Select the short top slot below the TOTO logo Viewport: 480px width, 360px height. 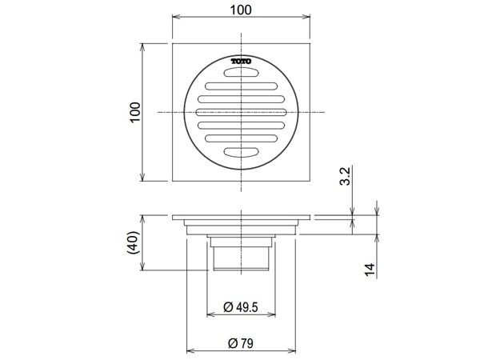pyautogui.click(x=242, y=73)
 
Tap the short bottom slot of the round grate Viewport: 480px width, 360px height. pyautogui.click(x=242, y=150)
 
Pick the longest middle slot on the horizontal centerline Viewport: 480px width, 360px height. pyautogui.click(x=242, y=111)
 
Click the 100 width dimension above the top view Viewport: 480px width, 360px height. pyautogui.click(x=242, y=10)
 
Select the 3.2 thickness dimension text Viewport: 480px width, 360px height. pyautogui.click(x=343, y=176)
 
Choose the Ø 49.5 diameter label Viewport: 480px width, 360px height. pyautogui.click(x=242, y=307)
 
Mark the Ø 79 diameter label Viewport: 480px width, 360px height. pyautogui.click(x=242, y=343)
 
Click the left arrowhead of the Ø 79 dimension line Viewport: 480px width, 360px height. pyautogui.click(x=190, y=350)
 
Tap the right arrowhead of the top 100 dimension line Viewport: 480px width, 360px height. pyautogui.click(x=309, y=18)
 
